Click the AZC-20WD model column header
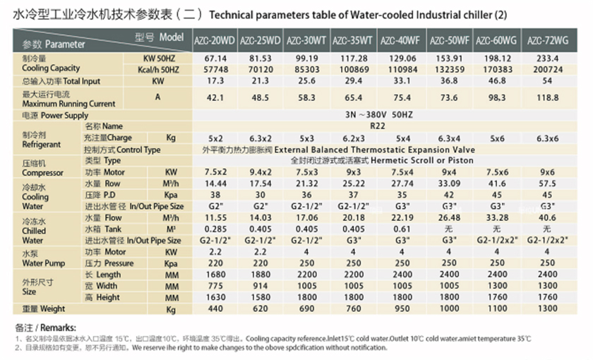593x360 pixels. click(215, 40)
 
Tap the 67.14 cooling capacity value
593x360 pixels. click(215, 60)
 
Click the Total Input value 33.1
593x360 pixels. click(402, 82)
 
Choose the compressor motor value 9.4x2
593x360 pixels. click(261, 172)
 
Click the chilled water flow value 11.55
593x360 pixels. click(215, 217)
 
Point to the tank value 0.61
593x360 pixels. click(402, 229)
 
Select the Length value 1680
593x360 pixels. click(215, 275)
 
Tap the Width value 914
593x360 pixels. click(261, 286)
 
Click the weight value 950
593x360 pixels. click(402, 309)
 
